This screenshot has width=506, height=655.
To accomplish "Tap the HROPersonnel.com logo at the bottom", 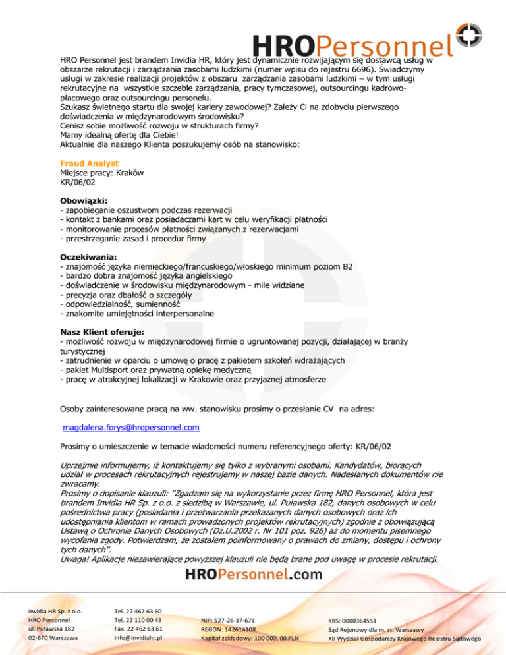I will (x=254, y=574).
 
